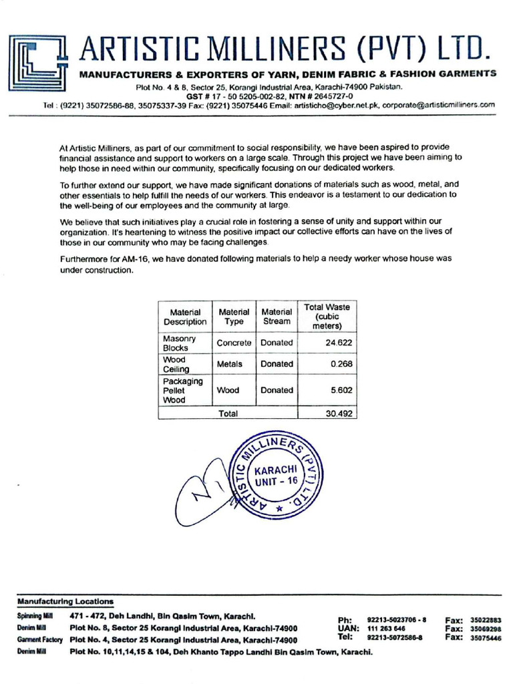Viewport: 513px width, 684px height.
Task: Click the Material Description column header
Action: coord(185,317)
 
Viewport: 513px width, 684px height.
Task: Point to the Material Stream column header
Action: coord(277,317)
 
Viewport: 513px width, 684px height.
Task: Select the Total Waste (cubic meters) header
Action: coord(327,317)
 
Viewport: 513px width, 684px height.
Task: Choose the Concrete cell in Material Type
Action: coord(234,343)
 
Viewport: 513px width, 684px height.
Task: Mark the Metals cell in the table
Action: coord(229,364)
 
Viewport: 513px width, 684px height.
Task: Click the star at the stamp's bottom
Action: coord(279,509)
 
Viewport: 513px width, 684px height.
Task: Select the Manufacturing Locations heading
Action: coord(65,601)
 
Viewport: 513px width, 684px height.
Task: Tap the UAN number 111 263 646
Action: coord(386,629)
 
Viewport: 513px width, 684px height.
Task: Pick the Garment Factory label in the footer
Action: coord(39,640)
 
